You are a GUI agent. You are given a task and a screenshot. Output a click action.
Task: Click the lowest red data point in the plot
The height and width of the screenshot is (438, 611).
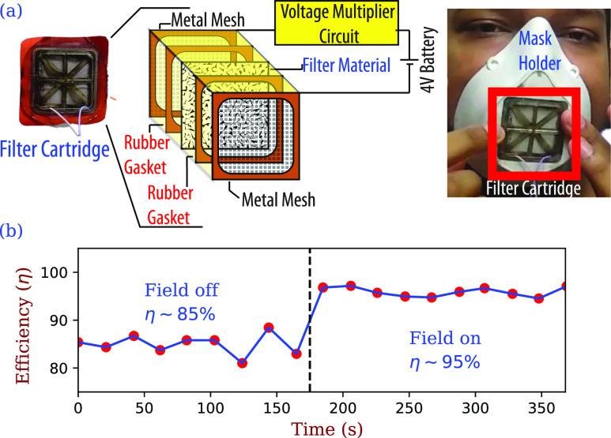pos(242,363)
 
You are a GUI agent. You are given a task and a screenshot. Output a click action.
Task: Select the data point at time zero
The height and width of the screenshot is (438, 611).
pos(77,342)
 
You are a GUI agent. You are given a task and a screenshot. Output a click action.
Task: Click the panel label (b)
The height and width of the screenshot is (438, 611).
pos(15,232)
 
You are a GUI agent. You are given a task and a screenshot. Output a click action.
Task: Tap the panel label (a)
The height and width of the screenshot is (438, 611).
pos(14,13)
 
